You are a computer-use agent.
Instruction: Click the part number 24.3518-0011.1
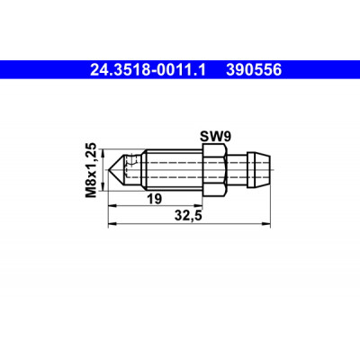pos(148,70)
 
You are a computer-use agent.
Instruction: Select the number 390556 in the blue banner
pos(254,70)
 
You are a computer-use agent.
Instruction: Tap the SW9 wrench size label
pos(215,137)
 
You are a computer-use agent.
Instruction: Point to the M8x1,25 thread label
pos(91,170)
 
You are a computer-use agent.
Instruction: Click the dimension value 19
pos(154,199)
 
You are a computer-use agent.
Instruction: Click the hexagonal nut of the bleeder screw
pos(213,170)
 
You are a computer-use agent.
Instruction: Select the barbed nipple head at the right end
pos(258,170)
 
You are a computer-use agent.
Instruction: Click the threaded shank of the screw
pos(174,170)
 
